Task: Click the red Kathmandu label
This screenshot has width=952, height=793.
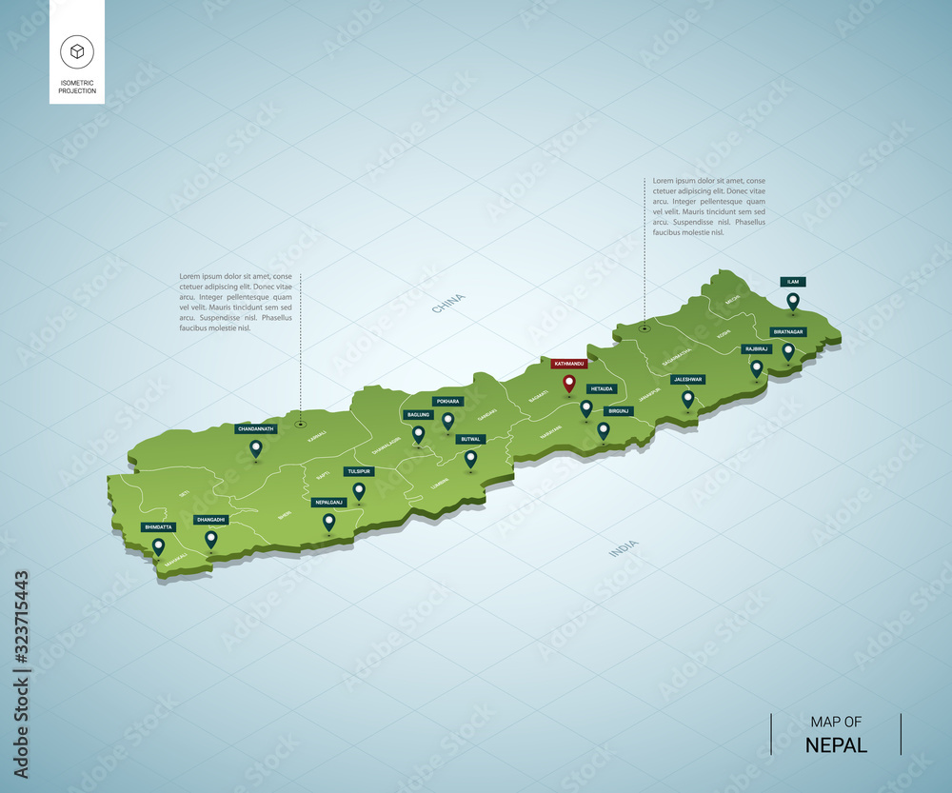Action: (x=568, y=364)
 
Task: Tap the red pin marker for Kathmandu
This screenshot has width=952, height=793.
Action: (x=569, y=384)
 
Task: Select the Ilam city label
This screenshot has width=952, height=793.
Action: (x=792, y=282)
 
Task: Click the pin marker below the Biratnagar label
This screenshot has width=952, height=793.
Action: (x=788, y=350)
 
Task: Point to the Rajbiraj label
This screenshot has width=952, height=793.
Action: (x=755, y=349)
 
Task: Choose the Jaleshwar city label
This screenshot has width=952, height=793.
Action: (x=687, y=379)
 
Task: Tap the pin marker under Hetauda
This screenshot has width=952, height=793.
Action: (x=586, y=407)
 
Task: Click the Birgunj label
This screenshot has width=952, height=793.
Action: (x=619, y=410)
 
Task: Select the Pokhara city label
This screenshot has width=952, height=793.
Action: (x=447, y=402)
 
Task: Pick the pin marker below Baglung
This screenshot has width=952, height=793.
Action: (x=418, y=433)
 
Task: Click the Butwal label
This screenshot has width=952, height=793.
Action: (x=470, y=439)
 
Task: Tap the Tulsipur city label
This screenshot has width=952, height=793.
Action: (x=359, y=471)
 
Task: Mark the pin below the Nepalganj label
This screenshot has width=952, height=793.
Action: (x=328, y=521)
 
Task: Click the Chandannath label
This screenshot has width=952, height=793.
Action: (x=255, y=428)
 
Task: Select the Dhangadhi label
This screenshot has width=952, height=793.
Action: (x=210, y=520)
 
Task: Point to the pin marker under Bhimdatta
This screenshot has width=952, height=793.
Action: (x=158, y=545)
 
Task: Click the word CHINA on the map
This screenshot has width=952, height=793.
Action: (x=448, y=304)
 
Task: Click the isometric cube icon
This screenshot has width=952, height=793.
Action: (x=76, y=52)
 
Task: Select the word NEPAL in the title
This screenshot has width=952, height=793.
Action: (x=836, y=744)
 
